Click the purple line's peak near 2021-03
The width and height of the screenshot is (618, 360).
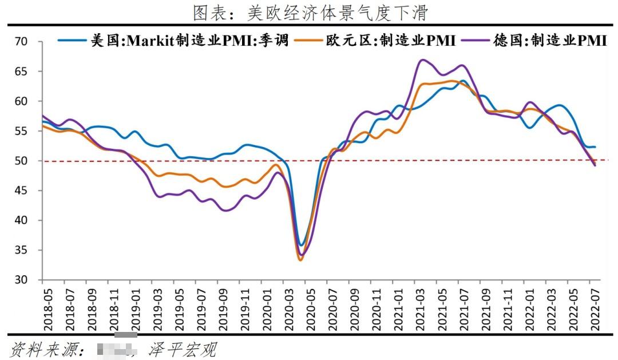pos(422,60)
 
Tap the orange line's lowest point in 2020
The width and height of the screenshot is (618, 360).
pos(300,260)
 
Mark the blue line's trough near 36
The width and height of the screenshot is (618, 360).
pos(302,245)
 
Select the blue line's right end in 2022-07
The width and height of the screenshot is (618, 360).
pos(595,147)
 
